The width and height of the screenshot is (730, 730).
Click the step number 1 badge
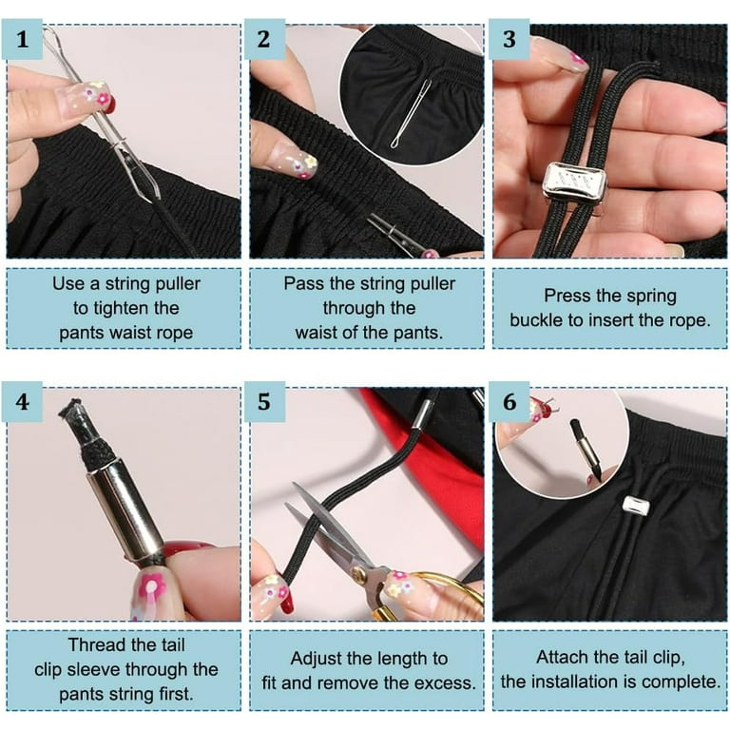pos(22,39)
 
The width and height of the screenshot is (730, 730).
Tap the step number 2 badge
pos(264,39)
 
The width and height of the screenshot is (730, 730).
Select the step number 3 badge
pos(509,39)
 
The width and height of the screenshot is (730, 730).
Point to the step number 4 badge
pos(22,402)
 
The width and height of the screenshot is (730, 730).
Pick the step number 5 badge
pos(264,402)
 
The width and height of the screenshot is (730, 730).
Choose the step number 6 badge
pos(509,402)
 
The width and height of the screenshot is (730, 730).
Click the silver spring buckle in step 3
pos(575,186)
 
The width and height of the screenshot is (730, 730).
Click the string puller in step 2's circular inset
pos(412,113)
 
